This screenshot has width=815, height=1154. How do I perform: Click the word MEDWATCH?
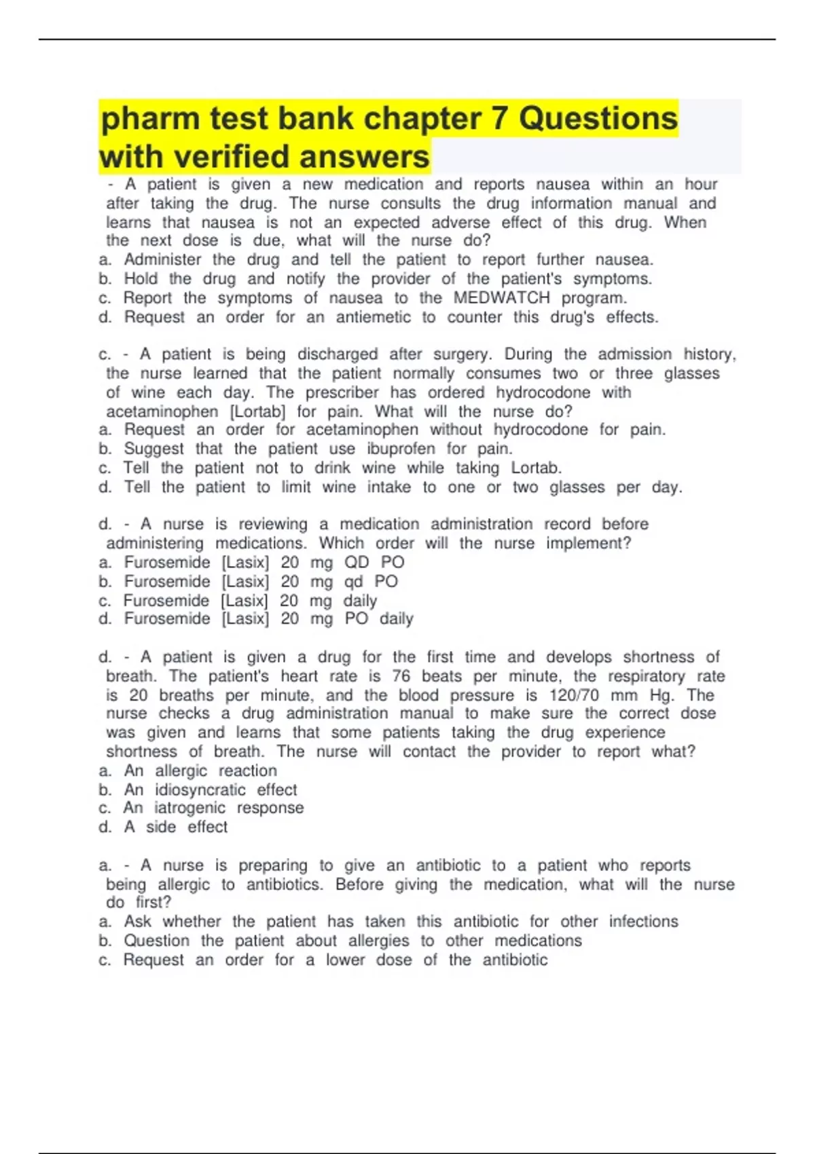pos(501,298)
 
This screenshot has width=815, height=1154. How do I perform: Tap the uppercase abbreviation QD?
pos(357,562)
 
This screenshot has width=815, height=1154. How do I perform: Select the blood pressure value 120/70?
pos(574,695)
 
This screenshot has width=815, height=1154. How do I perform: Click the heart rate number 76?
pos(401,676)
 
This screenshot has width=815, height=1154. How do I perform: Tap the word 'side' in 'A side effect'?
pos(160,827)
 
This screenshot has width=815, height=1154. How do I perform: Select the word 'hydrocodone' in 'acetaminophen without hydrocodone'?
pos(541,430)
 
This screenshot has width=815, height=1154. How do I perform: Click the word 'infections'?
pos(643,922)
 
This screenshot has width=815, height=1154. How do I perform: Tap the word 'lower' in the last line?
pos(345,960)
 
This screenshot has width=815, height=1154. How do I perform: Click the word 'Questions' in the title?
pos(598,119)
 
